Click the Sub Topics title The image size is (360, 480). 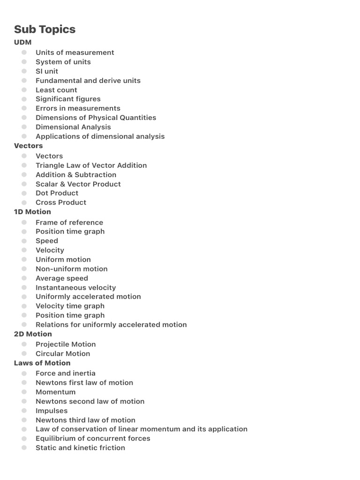[x=45, y=29]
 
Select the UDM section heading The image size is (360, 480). [x=23, y=42]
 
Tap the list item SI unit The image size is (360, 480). [x=47, y=71]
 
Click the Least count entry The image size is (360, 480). [x=56, y=90]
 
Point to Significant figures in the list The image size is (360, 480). [x=68, y=99]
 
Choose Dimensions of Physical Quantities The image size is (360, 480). [x=96, y=118]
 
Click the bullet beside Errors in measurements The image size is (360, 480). [x=24, y=108]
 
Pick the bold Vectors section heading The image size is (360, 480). [x=28, y=146]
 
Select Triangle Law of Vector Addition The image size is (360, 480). [x=91, y=165]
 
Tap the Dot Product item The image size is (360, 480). [x=57, y=193]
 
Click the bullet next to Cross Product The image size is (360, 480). [x=24, y=202]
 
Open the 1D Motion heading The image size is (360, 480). [x=32, y=212]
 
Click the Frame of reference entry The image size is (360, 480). [x=69, y=223]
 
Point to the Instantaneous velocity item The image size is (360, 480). [x=75, y=288]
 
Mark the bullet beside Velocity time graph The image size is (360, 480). [x=24, y=306]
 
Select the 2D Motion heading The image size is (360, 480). [x=33, y=334]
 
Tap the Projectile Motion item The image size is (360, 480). [x=66, y=345]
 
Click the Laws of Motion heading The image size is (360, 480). [x=42, y=363]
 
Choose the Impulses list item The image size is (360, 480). [x=52, y=411]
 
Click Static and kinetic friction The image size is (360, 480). [x=80, y=448]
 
